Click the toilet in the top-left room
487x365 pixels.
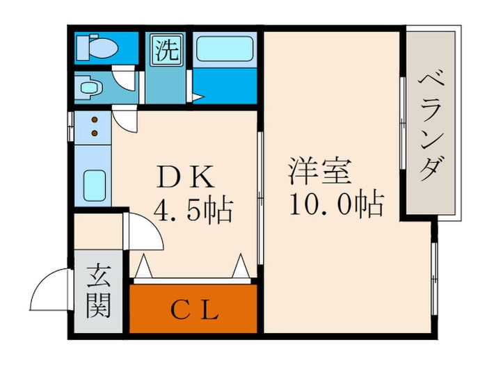(97, 47)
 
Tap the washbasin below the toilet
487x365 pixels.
(90, 88)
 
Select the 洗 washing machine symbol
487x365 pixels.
(166, 50)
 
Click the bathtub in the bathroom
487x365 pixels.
(224, 49)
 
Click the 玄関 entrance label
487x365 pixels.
(99, 293)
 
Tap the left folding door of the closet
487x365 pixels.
(144, 266)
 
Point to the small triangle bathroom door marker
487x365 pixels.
(198, 97)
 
